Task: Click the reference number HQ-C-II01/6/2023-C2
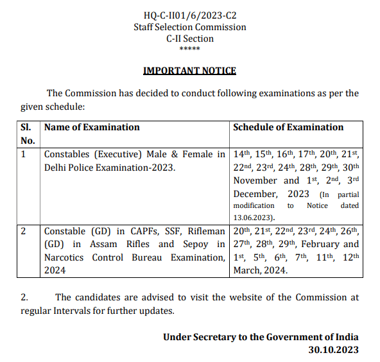(189, 15)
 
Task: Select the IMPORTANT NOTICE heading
(189, 71)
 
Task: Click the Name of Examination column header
(92, 127)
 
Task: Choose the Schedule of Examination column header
(288, 127)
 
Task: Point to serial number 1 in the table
(24, 154)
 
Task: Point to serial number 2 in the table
(24, 231)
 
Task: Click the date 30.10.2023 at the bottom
(334, 350)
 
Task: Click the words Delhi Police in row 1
(68, 168)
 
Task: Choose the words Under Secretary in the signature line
(200, 337)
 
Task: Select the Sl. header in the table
(28, 127)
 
